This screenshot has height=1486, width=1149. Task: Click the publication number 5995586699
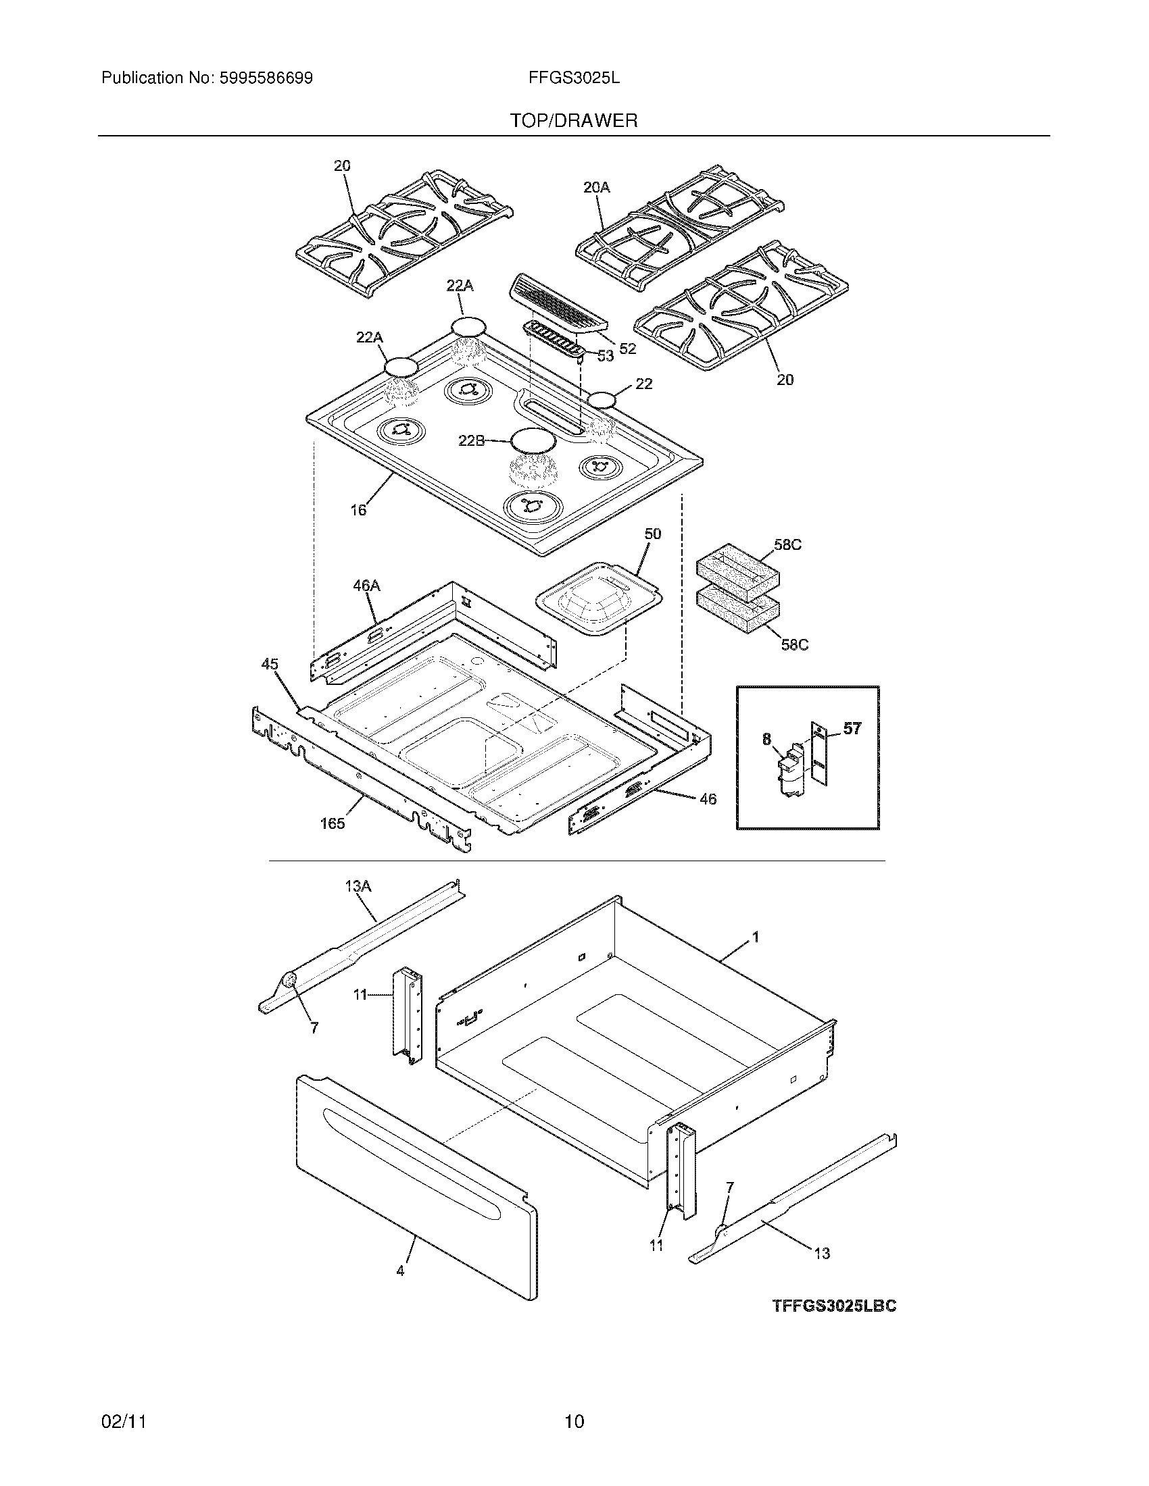266,78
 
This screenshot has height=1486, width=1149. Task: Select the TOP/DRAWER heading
574,121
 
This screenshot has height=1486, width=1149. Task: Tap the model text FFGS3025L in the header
574,78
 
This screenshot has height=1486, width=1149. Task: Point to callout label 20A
597,187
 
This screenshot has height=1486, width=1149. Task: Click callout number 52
627,349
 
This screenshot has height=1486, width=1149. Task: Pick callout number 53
605,355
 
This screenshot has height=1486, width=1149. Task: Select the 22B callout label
471,440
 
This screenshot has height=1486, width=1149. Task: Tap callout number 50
652,534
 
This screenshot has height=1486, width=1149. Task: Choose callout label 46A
366,585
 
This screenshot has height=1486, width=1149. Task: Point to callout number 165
332,823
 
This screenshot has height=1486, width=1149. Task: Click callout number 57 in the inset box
852,729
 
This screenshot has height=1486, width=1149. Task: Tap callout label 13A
358,886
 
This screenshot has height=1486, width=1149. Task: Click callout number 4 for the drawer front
400,1271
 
